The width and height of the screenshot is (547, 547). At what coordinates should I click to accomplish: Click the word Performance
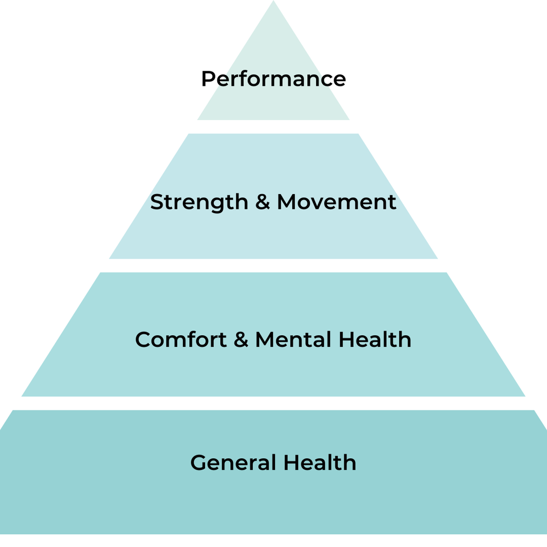pyautogui.click(x=273, y=79)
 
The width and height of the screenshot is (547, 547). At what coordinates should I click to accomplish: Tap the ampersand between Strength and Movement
pyautogui.click(x=263, y=202)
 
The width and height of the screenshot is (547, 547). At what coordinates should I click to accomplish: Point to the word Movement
pyautogui.click(x=336, y=202)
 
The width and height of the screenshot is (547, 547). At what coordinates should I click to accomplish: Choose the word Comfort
pyautogui.click(x=180, y=340)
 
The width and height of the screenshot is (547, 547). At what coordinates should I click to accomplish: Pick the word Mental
pyautogui.click(x=293, y=340)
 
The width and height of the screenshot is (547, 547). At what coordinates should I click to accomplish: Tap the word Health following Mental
pyautogui.click(x=375, y=340)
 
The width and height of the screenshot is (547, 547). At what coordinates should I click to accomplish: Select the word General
pyautogui.click(x=232, y=463)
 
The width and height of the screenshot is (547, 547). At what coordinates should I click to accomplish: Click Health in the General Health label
pyautogui.click(x=319, y=463)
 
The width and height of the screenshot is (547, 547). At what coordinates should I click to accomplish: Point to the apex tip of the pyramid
pyautogui.click(x=273, y=3)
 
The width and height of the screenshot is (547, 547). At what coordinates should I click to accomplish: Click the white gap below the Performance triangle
pyautogui.click(x=273, y=126)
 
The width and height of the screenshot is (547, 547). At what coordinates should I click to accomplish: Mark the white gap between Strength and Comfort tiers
pyautogui.click(x=273, y=265)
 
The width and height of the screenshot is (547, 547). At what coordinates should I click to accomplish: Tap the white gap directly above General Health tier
pyautogui.click(x=273, y=403)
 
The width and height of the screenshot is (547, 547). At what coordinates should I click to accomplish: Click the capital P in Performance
pyautogui.click(x=207, y=79)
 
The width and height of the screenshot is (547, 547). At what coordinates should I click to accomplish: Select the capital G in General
pyautogui.click(x=197, y=463)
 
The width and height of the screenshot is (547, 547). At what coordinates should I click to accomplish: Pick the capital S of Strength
pyautogui.click(x=156, y=202)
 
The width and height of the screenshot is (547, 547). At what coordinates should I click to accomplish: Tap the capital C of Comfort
pyautogui.click(x=143, y=340)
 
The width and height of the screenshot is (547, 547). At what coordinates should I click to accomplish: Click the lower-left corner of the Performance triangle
pyautogui.click(x=199, y=119)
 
